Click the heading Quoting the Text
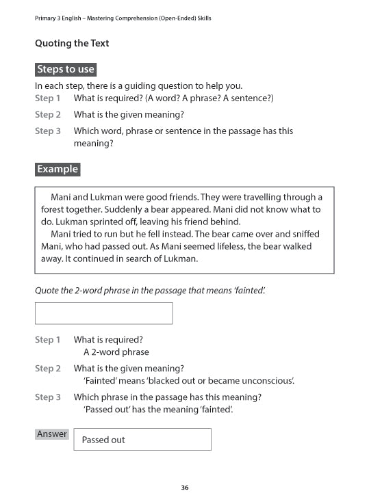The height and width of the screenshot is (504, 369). [x=72, y=43]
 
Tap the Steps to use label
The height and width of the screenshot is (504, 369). [x=66, y=69]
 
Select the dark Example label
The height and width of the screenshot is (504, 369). [x=58, y=169]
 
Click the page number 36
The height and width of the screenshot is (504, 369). [x=185, y=488]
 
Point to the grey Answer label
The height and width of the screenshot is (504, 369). [x=52, y=434]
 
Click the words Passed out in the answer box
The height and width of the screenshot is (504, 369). [x=103, y=440]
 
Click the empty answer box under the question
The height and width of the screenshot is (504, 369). [x=103, y=313]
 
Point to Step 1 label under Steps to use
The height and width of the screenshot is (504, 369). [x=48, y=98]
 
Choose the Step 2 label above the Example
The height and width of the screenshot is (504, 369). [x=48, y=115]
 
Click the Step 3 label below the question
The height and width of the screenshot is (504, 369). [x=48, y=397]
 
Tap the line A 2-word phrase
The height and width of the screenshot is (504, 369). [x=116, y=352]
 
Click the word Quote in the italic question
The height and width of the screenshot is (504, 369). [x=48, y=291]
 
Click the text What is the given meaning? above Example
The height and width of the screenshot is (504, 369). [x=129, y=115]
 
